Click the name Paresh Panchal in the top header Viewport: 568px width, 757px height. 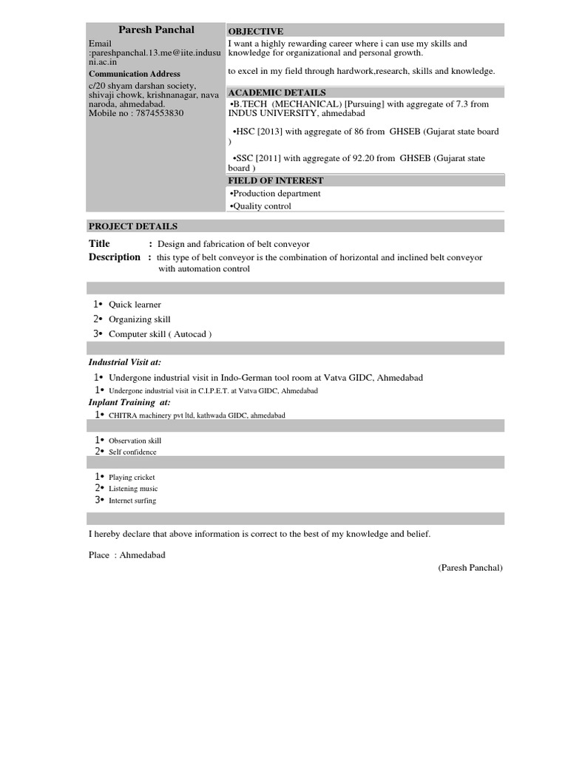[156, 30]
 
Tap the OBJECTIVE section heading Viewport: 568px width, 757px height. [255, 31]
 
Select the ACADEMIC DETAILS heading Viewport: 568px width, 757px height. [277, 92]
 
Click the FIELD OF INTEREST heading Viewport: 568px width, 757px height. [275, 180]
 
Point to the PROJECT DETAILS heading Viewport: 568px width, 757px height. [132, 226]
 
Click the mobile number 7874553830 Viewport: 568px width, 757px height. [159, 114]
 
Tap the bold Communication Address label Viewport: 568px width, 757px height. [134, 74]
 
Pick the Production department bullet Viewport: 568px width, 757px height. [275, 194]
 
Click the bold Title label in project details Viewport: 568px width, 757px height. [99, 244]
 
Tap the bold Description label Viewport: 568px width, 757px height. [114, 257]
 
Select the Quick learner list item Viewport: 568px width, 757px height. [135, 305]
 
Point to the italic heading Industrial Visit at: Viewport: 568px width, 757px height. [124, 362]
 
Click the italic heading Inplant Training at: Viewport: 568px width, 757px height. [129, 402]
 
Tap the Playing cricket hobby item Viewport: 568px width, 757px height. [132, 478]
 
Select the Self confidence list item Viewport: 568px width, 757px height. [132, 452]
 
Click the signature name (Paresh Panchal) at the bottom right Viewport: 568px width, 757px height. [470, 568]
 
